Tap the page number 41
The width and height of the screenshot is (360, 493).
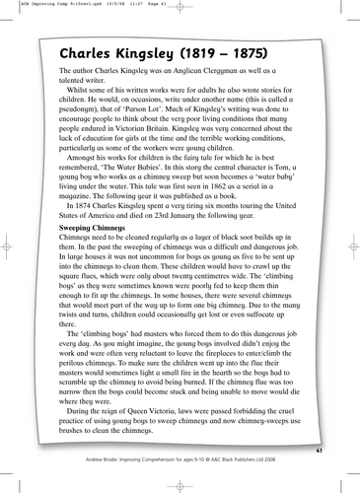coord(319,449)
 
